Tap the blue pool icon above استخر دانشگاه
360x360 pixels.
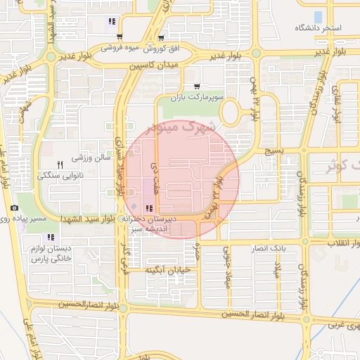pyautogui.click(x=317, y=15)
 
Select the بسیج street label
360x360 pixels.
pyautogui.click(x=271, y=150)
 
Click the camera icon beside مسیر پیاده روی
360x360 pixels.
pyautogui.click(x=15, y=208)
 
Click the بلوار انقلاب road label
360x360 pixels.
pyautogui.click(x=334, y=243)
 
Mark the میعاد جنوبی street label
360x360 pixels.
pyautogui.click(x=227, y=271)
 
